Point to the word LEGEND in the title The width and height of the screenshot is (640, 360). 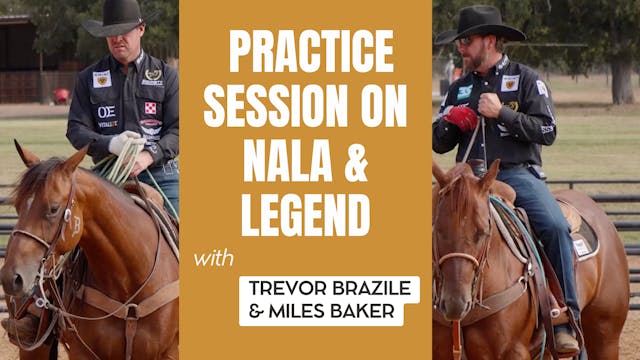(306, 214)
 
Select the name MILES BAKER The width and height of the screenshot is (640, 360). (321, 312)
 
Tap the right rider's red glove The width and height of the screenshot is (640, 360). (462, 118)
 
